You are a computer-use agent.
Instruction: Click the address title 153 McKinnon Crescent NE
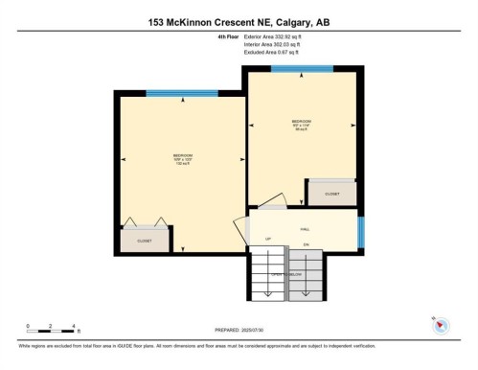[239, 22]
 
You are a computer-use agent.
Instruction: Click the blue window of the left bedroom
[170, 93]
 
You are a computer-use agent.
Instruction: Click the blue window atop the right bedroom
[302, 68]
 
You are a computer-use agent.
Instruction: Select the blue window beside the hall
[361, 231]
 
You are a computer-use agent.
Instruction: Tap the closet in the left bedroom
[145, 241]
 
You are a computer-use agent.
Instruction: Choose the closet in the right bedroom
[331, 193]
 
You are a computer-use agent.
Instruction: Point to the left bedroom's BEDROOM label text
[182, 155]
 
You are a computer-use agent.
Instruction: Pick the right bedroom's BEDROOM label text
[302, 122]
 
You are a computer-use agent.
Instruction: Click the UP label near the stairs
[268, 238]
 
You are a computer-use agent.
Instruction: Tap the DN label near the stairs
[306, 245]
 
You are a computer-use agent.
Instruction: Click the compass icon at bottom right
[440, 325]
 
